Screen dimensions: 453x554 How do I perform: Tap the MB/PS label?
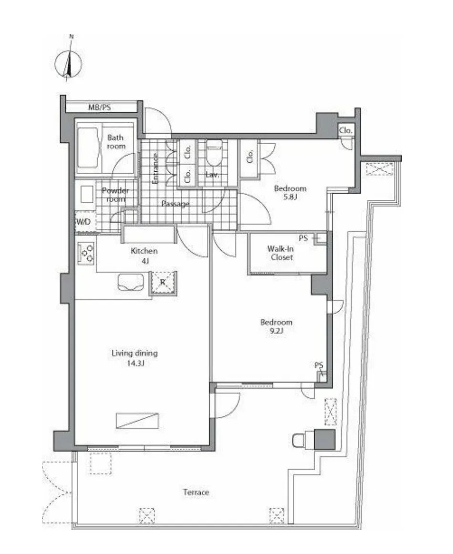pyautogui.click(x=100, y=107)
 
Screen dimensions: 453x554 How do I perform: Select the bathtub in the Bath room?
pyautogui.click(x=88, y=148)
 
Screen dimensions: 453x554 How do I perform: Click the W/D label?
pyautogui.click(x=83, y=222)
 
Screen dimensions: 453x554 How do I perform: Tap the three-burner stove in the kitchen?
pyautogui.click(x=86, y=253)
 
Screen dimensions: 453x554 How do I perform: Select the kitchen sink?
pyautogui.click(x=131, y=282)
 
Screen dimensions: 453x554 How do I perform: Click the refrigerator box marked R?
pyautogui.click(x=163, y=282)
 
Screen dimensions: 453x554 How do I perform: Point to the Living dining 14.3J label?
pyautogui.click(x=134, y=358)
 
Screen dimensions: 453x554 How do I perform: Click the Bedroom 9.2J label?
pyautogui.click(x=277, y=326)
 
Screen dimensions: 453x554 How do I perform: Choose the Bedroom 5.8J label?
pyautogui.click(x=290, y=193)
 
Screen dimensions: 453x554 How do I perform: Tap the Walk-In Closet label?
pyautogui.click(x=281, y=253)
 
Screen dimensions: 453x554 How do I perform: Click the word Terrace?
pyautogui.click(x=196, y=492)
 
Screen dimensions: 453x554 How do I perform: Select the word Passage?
pyautogui.click(x=175, y=204)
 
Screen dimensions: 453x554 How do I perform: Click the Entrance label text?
pyautogui.click(x=155, y=168)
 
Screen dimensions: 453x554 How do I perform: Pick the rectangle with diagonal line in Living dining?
pyautogui.click(x=137, y=420)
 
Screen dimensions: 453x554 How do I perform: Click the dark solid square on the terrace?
pyautogui.click(x=324, y=439)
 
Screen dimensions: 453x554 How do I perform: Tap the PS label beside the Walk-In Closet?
pyautogui.click(x=303, y=239)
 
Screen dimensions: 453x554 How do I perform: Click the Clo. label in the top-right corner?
pyautogui.click(x=346, y=130)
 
